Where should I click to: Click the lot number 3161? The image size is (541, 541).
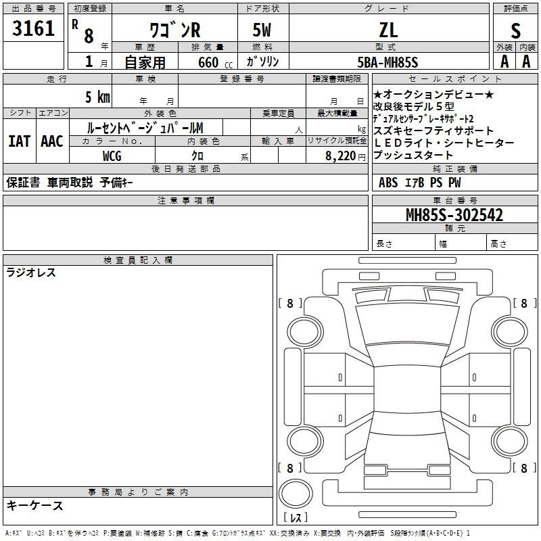pos(33,28)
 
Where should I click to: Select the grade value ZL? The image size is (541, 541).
pos(388,30)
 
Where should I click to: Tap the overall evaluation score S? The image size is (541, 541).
pos(515,30)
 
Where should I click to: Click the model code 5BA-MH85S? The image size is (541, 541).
pos(387,62)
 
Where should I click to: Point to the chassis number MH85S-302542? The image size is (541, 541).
pos(454,215)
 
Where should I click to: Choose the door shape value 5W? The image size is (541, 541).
pos(262,30)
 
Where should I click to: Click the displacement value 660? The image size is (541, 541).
pos(208,62)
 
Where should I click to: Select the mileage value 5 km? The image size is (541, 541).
pos(97,97)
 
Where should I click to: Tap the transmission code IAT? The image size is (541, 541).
pos(20,141)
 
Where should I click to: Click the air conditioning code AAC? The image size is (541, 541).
pos(52,141)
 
